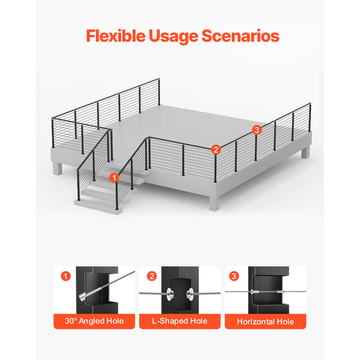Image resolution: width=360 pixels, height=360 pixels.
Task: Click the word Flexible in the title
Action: [116, 36]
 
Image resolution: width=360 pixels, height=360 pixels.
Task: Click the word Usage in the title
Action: [173, 37]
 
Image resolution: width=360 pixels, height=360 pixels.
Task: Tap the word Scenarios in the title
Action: [241, 36]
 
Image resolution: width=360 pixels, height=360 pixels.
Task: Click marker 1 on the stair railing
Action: [114, 178]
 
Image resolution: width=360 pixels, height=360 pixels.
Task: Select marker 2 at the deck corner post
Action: [216, 149]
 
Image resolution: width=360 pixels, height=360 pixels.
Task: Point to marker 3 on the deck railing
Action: [257, 130]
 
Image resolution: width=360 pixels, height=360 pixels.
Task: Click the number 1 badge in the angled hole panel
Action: [65, 276]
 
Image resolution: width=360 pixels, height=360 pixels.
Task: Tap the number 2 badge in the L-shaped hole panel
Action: [152, 276]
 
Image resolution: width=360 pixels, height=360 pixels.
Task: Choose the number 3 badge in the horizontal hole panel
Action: [234, 276]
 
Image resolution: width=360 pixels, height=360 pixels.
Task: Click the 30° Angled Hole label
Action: [94, 321]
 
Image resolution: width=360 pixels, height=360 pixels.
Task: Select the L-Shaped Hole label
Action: [179, 321]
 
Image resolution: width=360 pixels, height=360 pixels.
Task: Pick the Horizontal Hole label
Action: [265, 322]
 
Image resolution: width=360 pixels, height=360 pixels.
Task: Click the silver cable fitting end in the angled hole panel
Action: [83, 296]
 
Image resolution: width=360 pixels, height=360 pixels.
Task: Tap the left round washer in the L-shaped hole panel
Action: [170, 293]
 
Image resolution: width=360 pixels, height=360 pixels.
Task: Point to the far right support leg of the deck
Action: [305, 152]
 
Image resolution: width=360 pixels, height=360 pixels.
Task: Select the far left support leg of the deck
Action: [58, 169]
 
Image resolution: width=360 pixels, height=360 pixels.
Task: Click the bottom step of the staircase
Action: [98, 206]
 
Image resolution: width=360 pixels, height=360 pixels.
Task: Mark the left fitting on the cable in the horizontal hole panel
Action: [254, 292]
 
